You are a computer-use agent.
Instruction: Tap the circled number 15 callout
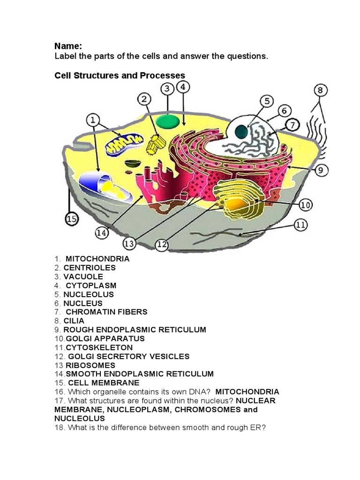(x=71, y=219)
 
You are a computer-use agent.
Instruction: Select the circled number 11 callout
(x=300, y=225)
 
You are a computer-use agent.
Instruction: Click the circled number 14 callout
(x=102, y=232)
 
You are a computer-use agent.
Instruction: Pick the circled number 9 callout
(x=321, y=170)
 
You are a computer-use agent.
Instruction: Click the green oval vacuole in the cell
(x=167, y=120)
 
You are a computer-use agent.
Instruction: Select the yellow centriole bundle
(x=155, y=144)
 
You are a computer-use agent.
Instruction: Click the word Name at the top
(x=68, y=46)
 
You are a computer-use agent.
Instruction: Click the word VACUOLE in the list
(x=83, y=277)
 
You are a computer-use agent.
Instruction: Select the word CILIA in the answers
(x=74, y=321)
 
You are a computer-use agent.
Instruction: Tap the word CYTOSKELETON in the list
(x=99, y=347)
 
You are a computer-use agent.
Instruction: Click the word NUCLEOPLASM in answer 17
(x=124, y=409)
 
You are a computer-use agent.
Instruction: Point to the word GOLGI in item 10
(x=78, y=338)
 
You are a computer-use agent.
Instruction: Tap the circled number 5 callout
(x=267, y=101)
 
